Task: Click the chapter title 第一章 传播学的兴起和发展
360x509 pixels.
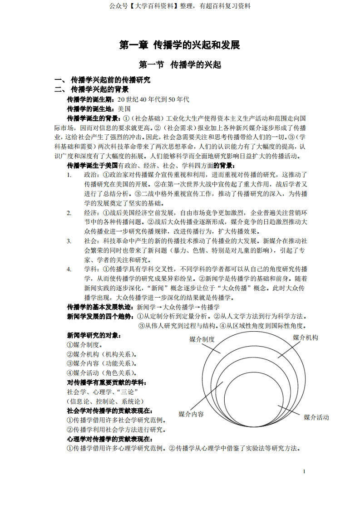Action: (179, 45)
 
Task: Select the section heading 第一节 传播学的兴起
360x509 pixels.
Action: (180, 65)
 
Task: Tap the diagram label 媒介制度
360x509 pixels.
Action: (202, 339)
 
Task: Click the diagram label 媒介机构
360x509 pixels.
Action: (305, 338)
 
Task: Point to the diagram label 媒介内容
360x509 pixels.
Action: (191, 414)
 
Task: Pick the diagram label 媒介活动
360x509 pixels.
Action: (316, 417)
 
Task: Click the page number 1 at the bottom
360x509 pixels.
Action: (304, 472)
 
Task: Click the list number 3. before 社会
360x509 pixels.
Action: (69, 241)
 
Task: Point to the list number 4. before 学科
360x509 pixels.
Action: (69, 269)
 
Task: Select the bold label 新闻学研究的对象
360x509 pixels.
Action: (94, 335)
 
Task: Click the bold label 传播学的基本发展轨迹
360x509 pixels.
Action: (97, 307)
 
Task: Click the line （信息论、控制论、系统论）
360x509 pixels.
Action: (105, 401)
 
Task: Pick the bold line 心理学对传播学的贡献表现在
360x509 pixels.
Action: (109, 439)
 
